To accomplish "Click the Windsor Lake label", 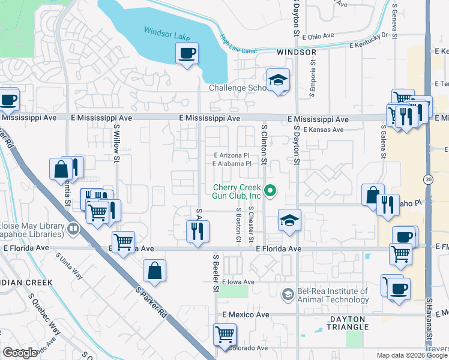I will (x=167, y=34).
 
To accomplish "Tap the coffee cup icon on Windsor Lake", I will (x=187, y=54).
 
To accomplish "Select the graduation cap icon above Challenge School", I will (x=278, y=80).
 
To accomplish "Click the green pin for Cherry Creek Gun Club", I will (x=270, y=191).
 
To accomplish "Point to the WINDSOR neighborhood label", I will (x=297, y=53).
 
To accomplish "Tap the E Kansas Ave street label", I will (x=323, y=130).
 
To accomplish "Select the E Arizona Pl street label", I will (x=231, y=155).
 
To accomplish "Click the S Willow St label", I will (x=118, y=144).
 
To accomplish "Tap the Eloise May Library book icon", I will (x=73, y=228).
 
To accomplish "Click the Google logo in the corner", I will (x=20, y=353).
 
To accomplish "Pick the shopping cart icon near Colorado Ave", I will (x=224, y=334).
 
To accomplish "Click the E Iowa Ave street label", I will (x=238, y=282).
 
